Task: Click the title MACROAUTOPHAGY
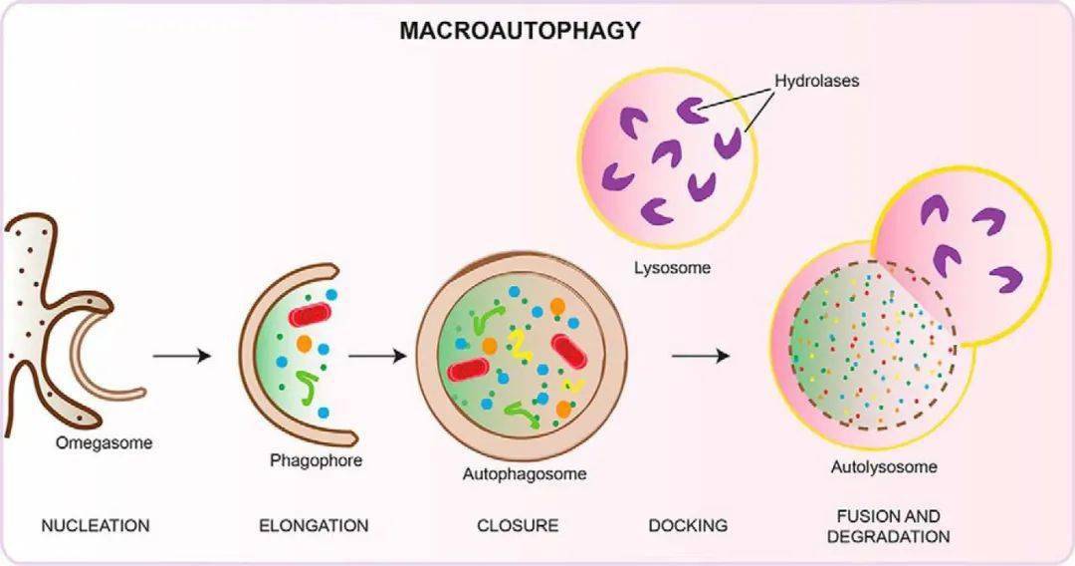pyautogui.click(x=520, y=31)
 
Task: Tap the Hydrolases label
pyautogui.click(x=816, y=81)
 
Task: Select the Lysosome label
pyautogui.click(x=673, y=267)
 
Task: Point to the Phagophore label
pyautogui.click(x=316, y=461)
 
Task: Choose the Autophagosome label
pyautogui.click(x=524, y=474)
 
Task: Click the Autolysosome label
pyautogui.click(x=883, y=466)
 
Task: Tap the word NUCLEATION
pyautogui.click(x=96, y=525)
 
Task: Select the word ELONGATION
pyautogui.click(x=314, y=525)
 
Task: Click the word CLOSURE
pyautogui.click(x=518, y=525)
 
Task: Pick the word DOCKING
pyautogui.click(x=688, y=525)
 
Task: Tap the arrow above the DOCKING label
pyautogui.click(x=702, y=356)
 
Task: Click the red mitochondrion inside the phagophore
pyautogui.click(x=311, y=317)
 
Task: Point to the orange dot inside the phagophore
pyautogui.click(x=303, y=344)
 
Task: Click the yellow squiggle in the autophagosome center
pyautogui.click(x=519, y=344)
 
